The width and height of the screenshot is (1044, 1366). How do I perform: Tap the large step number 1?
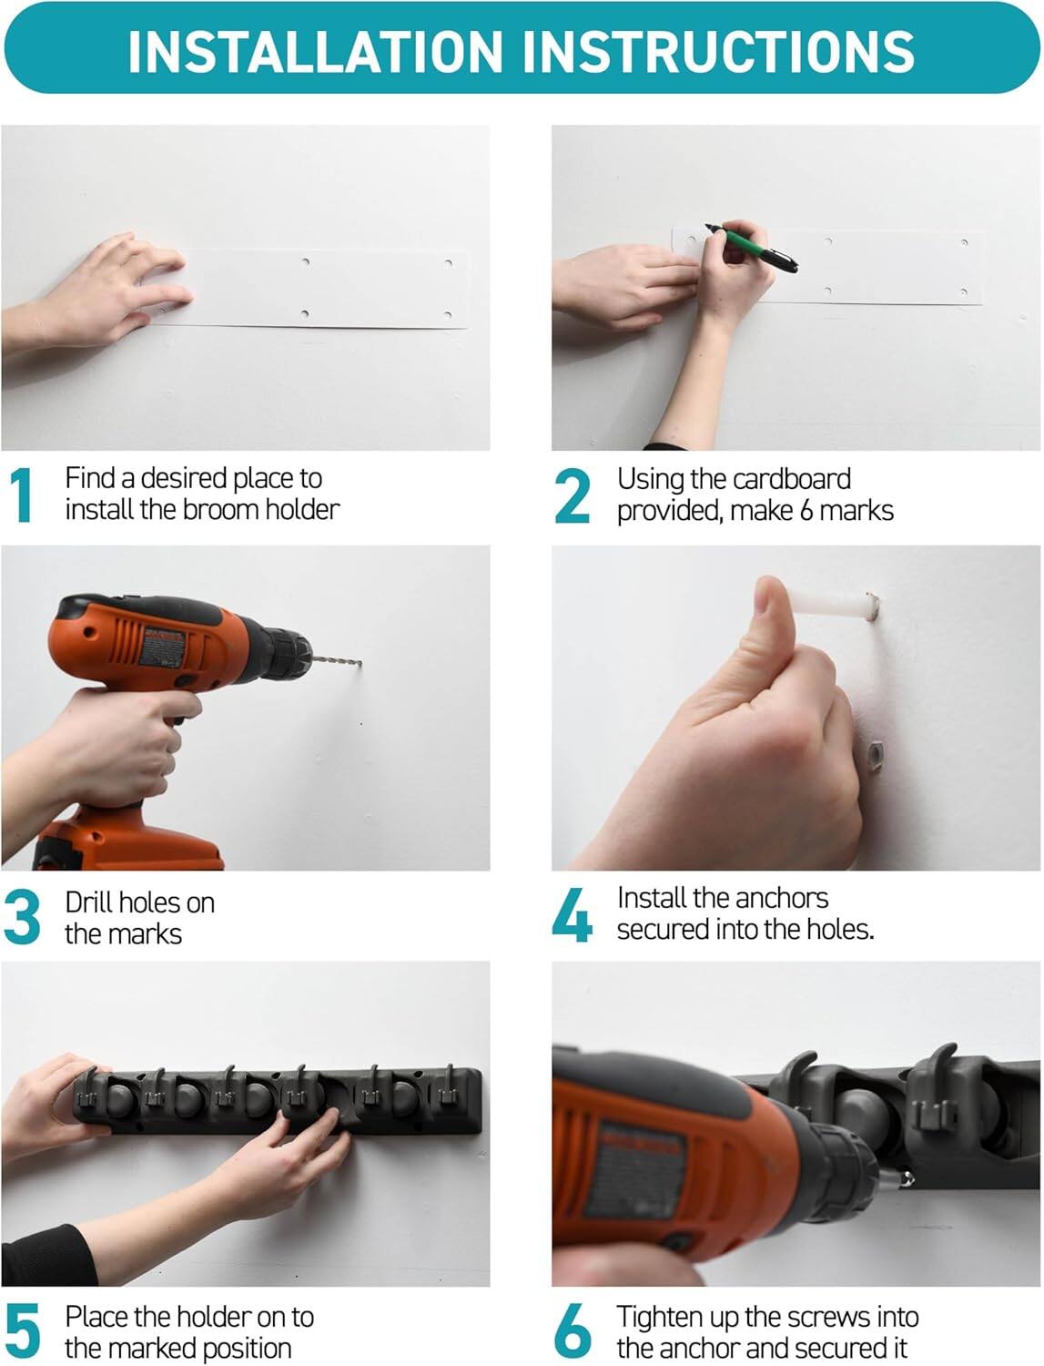click(x=22, y=495)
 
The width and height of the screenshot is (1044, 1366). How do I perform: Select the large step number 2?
click(x=573, y=495)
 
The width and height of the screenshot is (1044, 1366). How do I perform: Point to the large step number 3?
click(x=22, y=918)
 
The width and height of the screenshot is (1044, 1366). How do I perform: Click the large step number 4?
click(x=573, y=915)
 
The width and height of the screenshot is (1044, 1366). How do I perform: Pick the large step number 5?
click(x=22, y=1331)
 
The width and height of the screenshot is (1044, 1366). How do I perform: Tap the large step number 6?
click(x=573, y=1331)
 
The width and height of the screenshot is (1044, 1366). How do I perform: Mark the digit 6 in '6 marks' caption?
click(x=806, y=511)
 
